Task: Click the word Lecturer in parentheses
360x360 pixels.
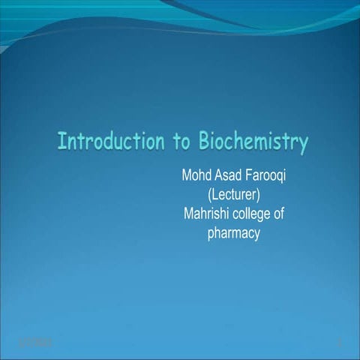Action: point(232,196)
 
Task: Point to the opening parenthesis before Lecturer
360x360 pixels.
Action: point(207,196)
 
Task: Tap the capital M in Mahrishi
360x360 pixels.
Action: point(188,215)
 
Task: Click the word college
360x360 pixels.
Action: point(253,215)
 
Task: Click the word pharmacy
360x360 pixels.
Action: point(232,234)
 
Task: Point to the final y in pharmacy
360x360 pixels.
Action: point(256,235)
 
